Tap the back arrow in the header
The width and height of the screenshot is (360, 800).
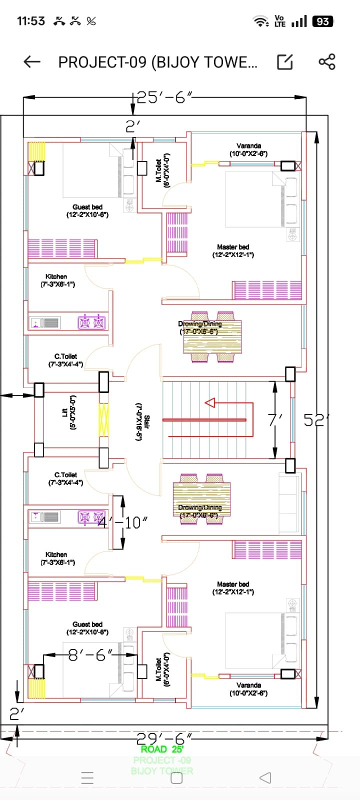pos(32,62)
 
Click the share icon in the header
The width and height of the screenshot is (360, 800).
pos(327,62)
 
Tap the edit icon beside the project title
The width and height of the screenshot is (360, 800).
pos(285,62)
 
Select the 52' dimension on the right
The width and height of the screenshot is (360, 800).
pos(316,420)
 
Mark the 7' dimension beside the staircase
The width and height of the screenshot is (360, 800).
pos(274,420)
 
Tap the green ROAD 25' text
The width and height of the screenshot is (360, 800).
pos(162,749)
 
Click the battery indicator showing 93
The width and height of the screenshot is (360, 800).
pos(322,21)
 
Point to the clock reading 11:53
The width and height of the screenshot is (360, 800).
pos(31,21)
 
